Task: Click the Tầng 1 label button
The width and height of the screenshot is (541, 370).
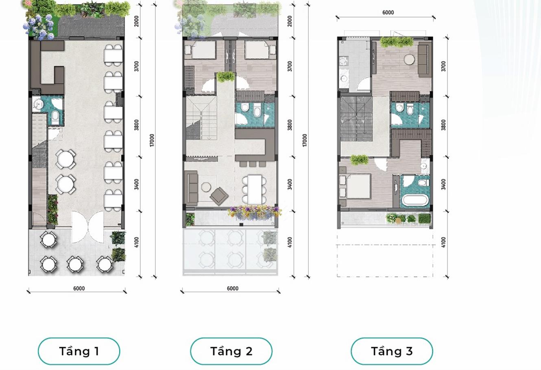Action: tap(79, 351)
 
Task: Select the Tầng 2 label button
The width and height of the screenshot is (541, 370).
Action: tap(231, 351)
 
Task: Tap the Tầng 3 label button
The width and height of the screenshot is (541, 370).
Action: tap(392, 351)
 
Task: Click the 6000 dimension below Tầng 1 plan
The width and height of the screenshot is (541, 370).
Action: tap(79, 289)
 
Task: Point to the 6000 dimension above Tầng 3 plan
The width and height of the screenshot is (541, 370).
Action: tap(388, 13)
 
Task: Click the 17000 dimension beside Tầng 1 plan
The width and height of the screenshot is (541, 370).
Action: tap(152, 140)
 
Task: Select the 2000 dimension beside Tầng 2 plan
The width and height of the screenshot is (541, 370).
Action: tap(290, 21)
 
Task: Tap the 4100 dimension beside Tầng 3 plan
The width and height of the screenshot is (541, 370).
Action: tap(443, 242)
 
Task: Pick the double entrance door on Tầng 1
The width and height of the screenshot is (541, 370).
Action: tap(88, 227)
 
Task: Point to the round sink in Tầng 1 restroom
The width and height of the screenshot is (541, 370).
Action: tap(39, 104)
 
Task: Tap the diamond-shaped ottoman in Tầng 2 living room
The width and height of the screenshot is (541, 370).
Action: tap(219, 195)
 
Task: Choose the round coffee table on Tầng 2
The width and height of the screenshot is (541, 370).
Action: tap(206, 187)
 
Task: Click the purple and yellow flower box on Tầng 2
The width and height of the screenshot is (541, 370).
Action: tap(254, 212)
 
